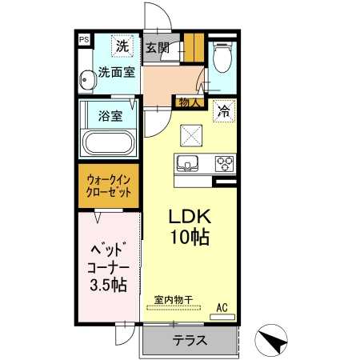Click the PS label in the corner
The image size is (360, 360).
(83, 38)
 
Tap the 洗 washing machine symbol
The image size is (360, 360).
(122, 47)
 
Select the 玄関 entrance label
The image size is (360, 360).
(157, 47)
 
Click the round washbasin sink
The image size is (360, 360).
(86, 79)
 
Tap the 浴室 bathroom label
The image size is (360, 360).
(110, 116)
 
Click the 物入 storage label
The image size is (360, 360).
(190, 102)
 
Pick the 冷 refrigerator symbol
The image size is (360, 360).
(224, 112)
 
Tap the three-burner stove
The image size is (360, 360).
(223, 164)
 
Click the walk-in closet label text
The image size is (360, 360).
(110, 187)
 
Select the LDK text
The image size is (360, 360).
(189, 217)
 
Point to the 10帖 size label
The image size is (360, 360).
(189, 238)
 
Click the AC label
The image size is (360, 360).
(223, 306)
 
